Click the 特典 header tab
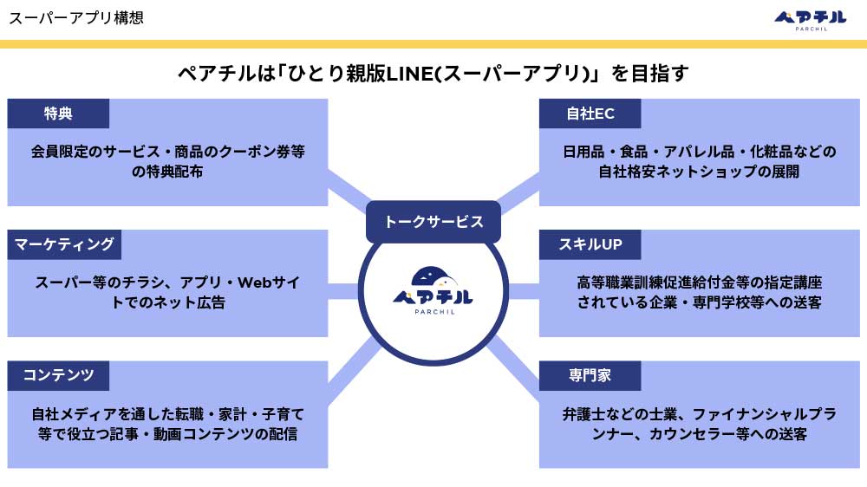pos(58,114)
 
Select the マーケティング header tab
pos(64,244)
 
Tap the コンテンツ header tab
pos(58,375)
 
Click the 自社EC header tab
pos(590,114)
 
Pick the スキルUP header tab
pos(590,244)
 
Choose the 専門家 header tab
pos(590,375)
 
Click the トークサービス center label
pos(433,222)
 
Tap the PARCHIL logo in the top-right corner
pos(811,21)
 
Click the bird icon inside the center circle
pos(434,277)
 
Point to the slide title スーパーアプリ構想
pos(76,17)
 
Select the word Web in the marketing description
pos(254,282)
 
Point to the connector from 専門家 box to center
pos(515,366)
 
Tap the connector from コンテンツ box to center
pos(354,367)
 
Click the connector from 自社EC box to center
pos(518,191)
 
